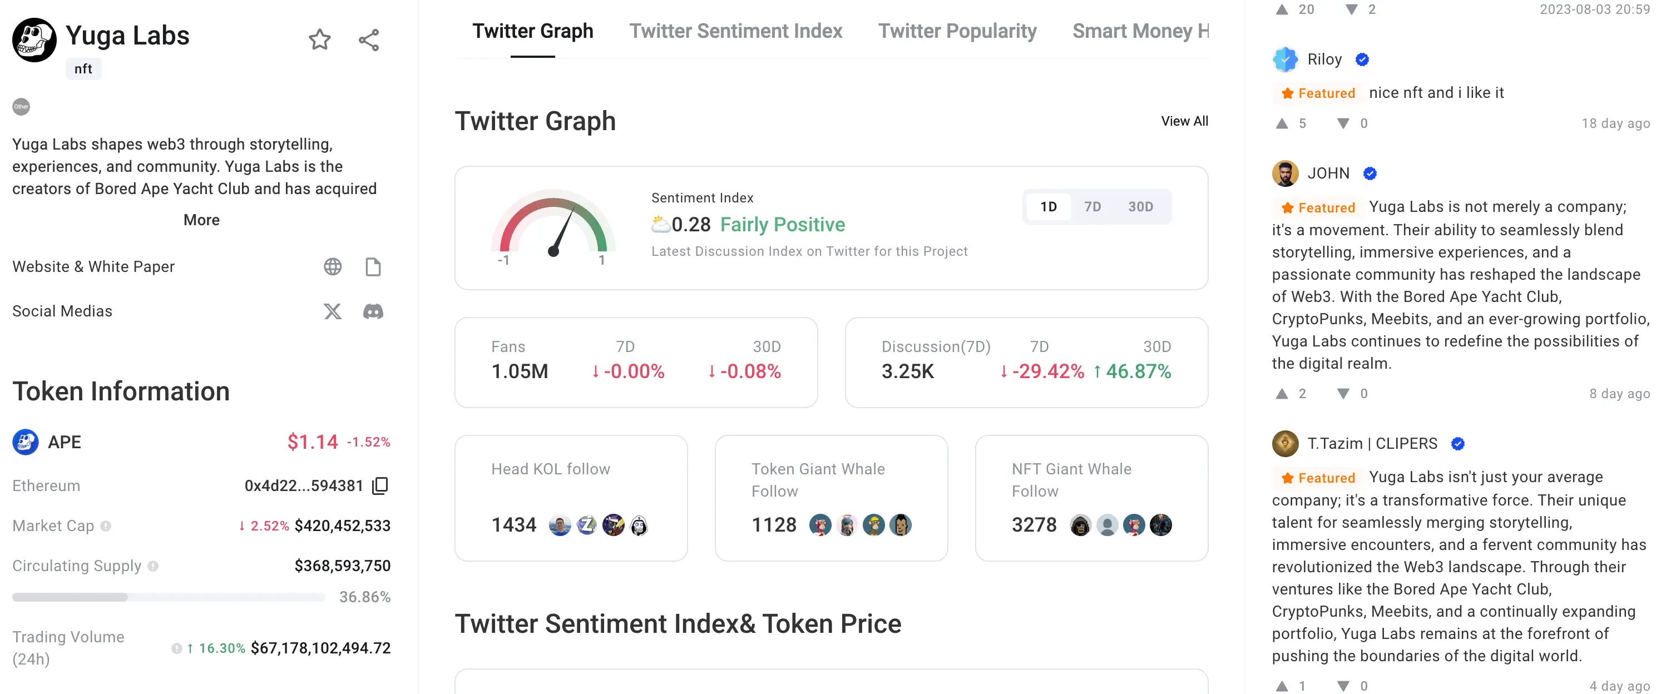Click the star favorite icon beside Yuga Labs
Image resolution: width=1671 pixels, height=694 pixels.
(x=319, y=40)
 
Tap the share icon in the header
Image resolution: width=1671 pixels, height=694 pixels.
(x=368, y=40)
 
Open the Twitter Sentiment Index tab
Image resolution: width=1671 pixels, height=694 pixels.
(x=735, y=31)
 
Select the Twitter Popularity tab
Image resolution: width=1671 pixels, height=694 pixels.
(x=957, y=31)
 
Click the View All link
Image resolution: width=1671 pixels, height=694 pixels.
(x=1184, y=121)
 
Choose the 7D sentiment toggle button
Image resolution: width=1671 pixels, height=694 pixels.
(x=1092, y=207)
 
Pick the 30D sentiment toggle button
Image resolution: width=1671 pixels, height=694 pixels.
(x=1140, y=207)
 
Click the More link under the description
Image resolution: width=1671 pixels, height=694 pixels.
(x=201, y=220)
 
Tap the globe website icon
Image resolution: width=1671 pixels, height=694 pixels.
(x=333, y=266)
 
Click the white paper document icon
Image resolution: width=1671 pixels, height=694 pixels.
(x=373, y=266)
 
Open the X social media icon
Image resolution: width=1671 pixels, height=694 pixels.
(x=333, y=311)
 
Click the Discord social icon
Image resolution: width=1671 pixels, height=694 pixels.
(x=373, y=311)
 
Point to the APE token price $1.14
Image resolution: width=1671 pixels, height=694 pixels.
(x=313, y=442)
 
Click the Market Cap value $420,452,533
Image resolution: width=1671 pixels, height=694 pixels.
(x=343, y=526)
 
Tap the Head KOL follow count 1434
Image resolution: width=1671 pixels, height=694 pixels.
(x=514, y=525)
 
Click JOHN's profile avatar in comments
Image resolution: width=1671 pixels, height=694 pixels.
(x=1285, y=173)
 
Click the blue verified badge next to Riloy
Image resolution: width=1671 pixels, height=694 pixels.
(x=1362, y=60)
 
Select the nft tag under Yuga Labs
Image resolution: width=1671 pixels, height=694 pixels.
(x=83, y=69)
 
